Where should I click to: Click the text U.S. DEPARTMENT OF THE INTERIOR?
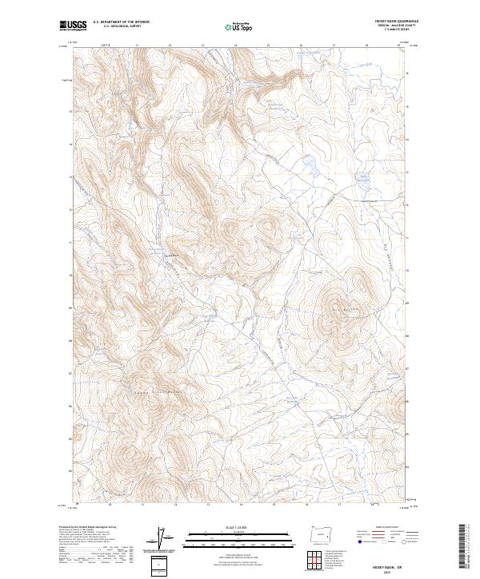pyautogui.click(x=121, y=22)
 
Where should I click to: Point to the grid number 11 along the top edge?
pyautogui.click(x=137, y=46)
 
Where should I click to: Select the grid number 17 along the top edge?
pyautogui.click(x=334, y=46)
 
